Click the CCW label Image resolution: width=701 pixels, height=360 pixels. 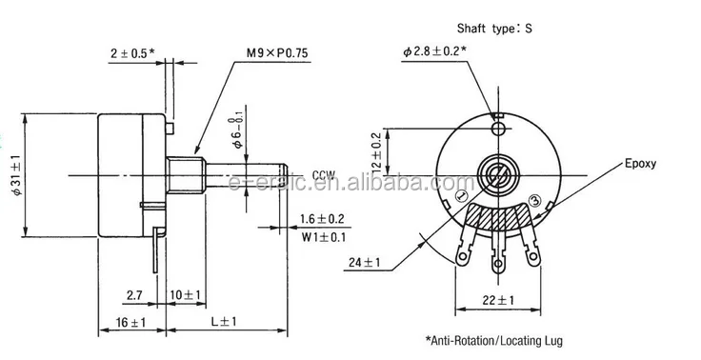(x=325, y=174)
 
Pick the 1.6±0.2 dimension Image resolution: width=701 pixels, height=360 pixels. (x=322, y=219)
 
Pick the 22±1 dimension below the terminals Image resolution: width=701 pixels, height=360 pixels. (x=497, y=302)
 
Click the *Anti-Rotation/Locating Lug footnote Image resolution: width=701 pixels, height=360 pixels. (x=500, y=339)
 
